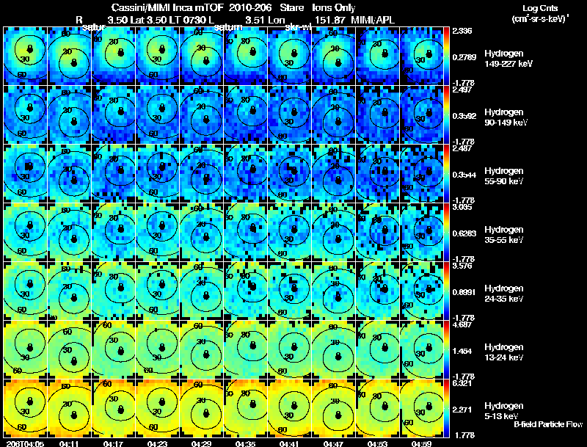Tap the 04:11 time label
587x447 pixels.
coord(69,443)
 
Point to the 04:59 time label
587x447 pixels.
coord(421,443)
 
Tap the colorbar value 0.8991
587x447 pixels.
coord(463,293)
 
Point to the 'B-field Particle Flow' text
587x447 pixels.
coord(547,424)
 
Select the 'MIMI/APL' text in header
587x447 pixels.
coord(376,19)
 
